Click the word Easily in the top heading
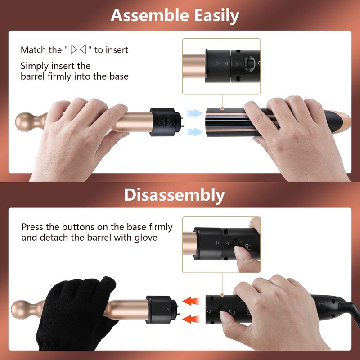point(217,16)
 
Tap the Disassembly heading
point(175,195)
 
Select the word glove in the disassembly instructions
point(146,238)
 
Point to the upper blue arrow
point(194,113)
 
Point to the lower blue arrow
point(194,131)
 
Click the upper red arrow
point(191,301)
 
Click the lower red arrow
point(191,319)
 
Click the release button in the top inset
point(249,63)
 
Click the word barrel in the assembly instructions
point(32,76)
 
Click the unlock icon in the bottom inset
point(248,247)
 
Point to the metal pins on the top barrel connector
point(182,122)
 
